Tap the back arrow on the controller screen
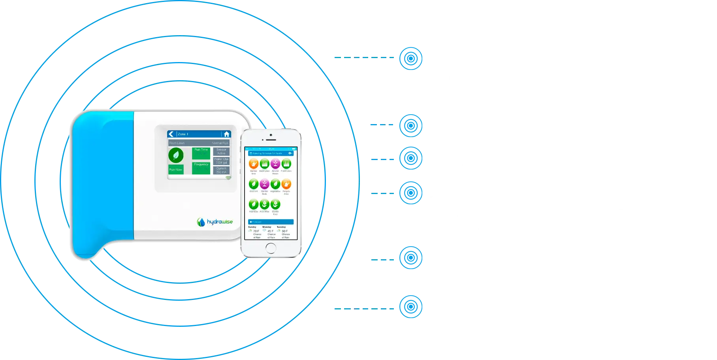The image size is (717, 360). [x=171, y=134]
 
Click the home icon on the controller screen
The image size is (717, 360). [x=226, y=134]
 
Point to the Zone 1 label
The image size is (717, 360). [x=183, y=134]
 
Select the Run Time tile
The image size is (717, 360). [x=201, y=153]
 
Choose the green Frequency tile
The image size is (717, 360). [x=201, y=168]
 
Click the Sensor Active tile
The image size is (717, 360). [x=221, y=151]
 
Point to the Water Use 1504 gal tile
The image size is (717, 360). [x=221, y=161]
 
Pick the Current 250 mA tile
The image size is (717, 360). [x=221, y=170]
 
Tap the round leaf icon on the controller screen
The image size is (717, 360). [x=176, y=155]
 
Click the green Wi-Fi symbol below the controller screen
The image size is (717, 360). [x=228, y=178]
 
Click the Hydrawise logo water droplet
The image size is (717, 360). [x=201, y=222]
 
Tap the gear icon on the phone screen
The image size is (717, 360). [x=290, y=153]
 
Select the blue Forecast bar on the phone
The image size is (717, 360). [x=271, y=222]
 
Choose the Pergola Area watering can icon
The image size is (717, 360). [x=286, y=184]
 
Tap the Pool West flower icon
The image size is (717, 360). [x=264, y=204]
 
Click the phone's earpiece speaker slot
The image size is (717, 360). [x=271, y=140]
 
